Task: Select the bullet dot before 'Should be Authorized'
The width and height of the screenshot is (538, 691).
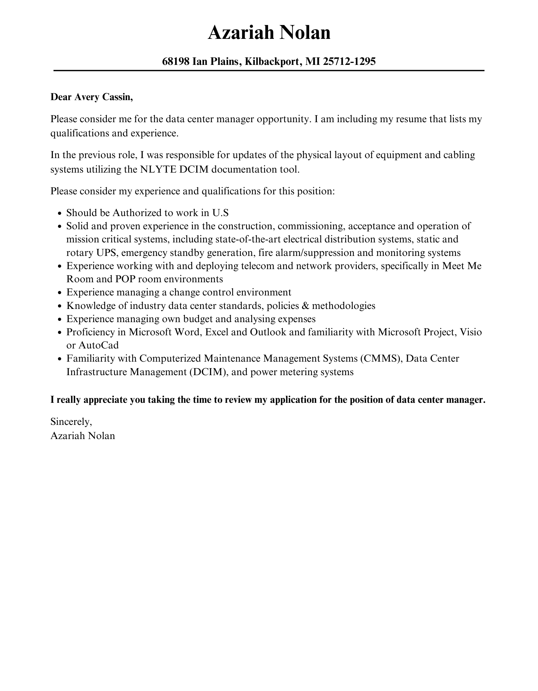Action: tap(60, 213)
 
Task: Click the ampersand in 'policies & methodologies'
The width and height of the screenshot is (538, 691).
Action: tap(305, 306)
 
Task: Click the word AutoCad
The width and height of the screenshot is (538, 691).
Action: tap(98, 345)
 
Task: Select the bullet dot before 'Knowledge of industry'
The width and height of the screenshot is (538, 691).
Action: tap(60, 306)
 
